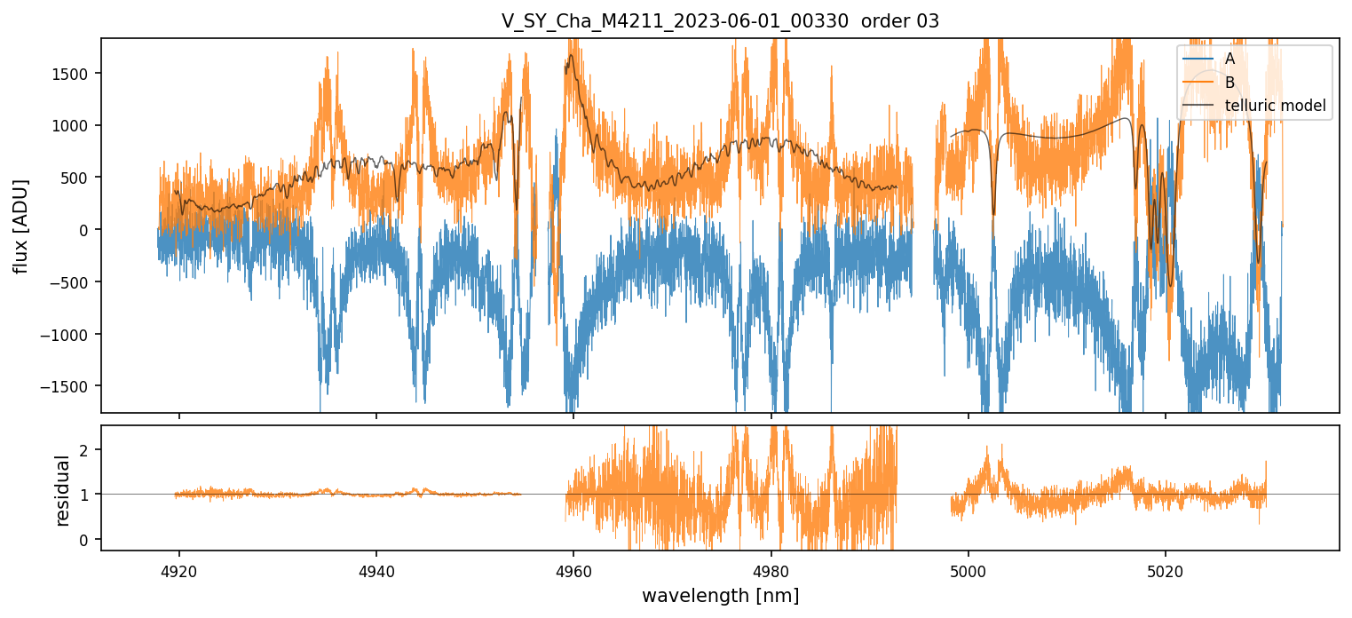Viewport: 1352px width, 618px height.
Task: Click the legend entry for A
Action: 1229,59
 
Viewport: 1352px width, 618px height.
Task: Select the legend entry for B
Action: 1229,83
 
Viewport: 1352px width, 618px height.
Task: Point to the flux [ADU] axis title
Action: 20,226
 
